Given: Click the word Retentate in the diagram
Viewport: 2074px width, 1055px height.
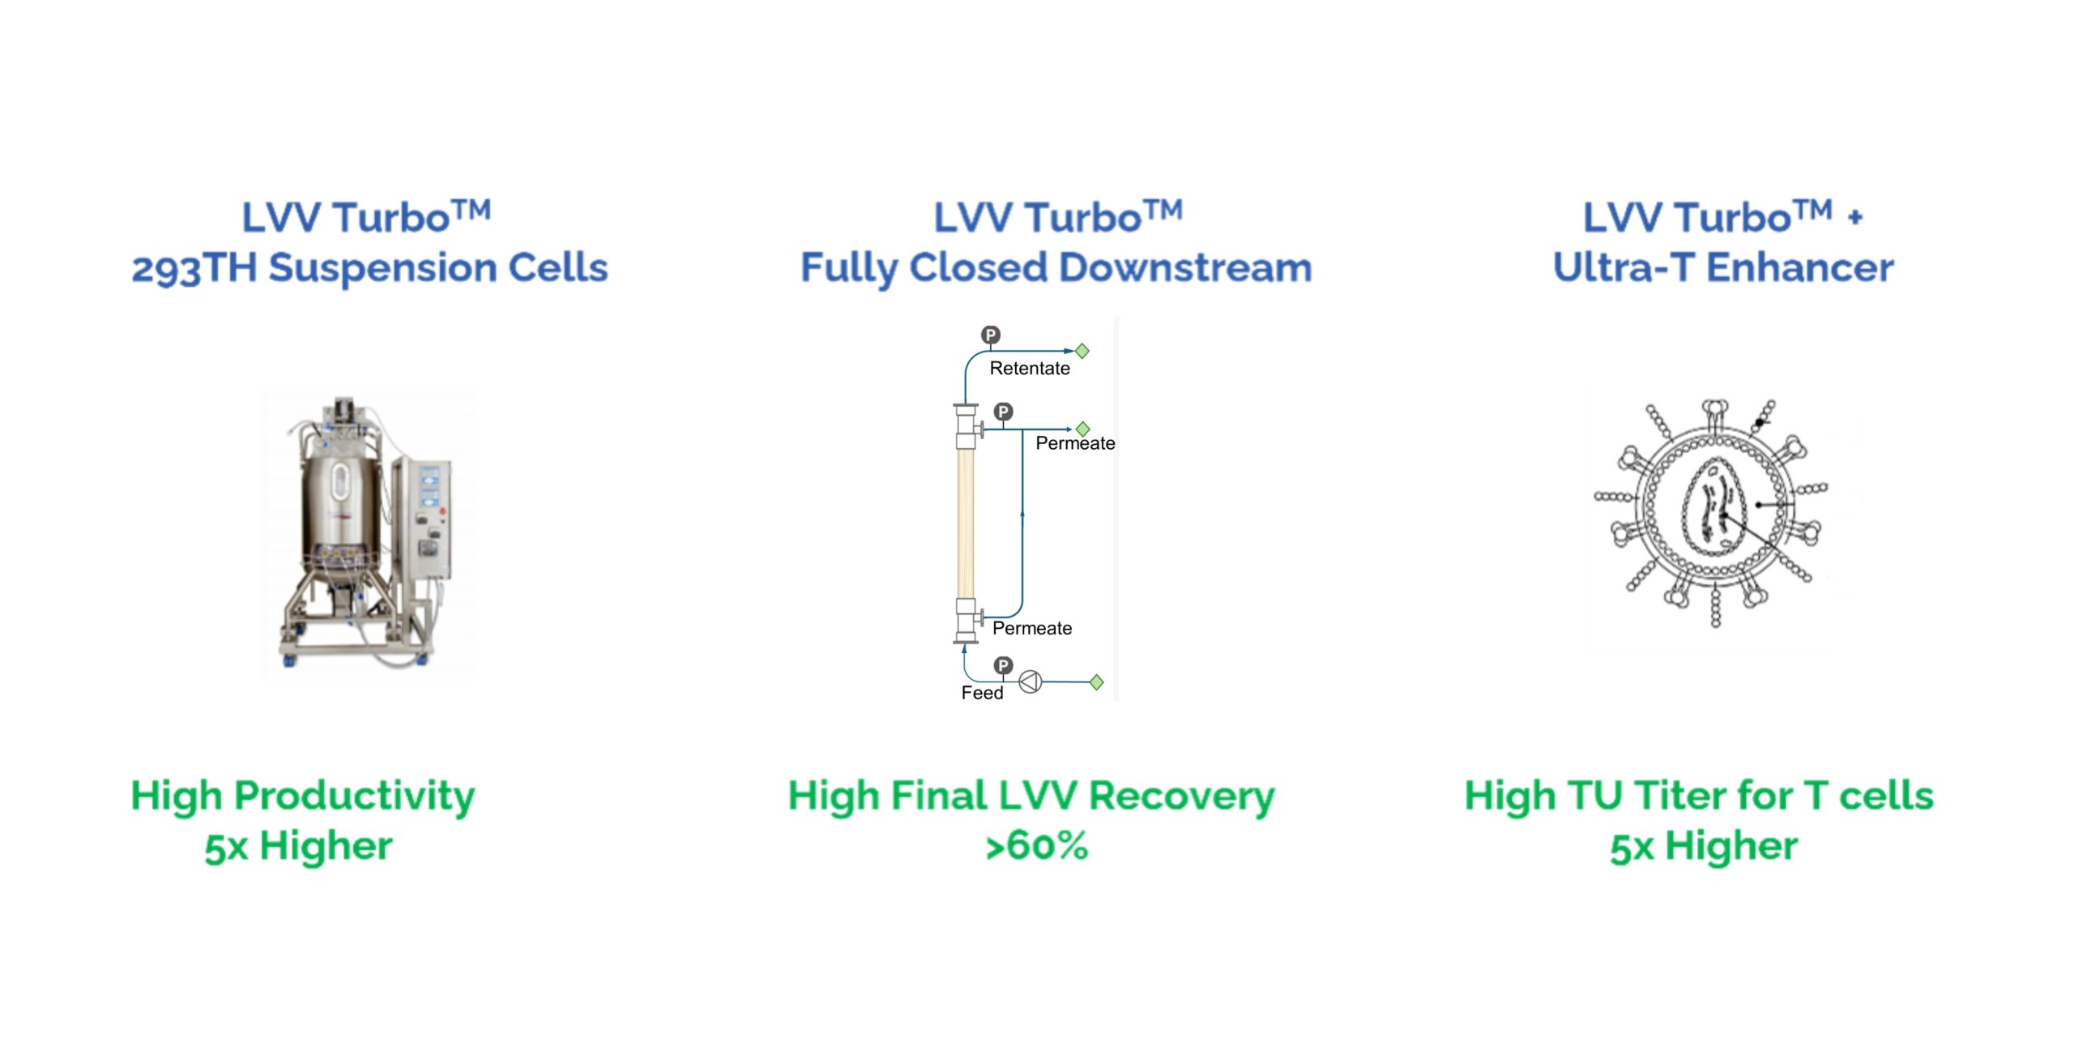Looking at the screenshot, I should point(1029,369).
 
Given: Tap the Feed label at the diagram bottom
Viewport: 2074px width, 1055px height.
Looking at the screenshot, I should point(982,693).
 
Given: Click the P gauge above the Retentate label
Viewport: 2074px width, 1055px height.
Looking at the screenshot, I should point(991,335).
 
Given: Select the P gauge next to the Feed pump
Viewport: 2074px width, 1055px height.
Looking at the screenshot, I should point(1003,665).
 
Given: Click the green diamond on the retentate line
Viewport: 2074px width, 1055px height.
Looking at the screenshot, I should point(1082,351).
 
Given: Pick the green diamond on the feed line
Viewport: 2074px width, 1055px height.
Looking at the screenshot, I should point(1096,682).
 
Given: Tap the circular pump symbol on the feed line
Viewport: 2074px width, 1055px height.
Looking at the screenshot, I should point(1030,682).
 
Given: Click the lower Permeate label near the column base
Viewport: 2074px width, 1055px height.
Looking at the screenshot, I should point(1031,628).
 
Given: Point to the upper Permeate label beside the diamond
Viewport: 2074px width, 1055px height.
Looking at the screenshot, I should point(1075,443).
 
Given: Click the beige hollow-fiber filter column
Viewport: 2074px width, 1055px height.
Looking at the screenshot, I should point(965,523).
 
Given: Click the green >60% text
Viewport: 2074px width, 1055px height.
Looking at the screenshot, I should point(1036,846).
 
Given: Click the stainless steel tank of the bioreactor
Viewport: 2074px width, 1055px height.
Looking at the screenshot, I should point(340,502).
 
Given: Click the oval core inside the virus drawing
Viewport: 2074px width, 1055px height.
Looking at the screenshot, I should point(1713,506).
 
